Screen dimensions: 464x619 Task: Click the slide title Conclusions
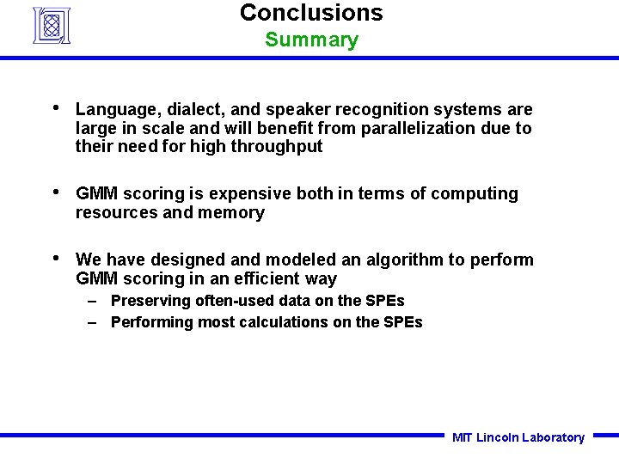(x=311, y=13)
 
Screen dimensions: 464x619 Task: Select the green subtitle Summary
(x=311, y=40)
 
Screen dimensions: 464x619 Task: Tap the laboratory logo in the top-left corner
(x=51, y=25)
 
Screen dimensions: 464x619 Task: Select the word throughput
(x=279, y=147)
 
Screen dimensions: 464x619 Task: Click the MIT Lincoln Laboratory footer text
(x=518, y=437)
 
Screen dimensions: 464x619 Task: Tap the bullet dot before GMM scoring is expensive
(x=56, y=192)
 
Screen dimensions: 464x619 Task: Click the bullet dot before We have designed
(x=56, y=259)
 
